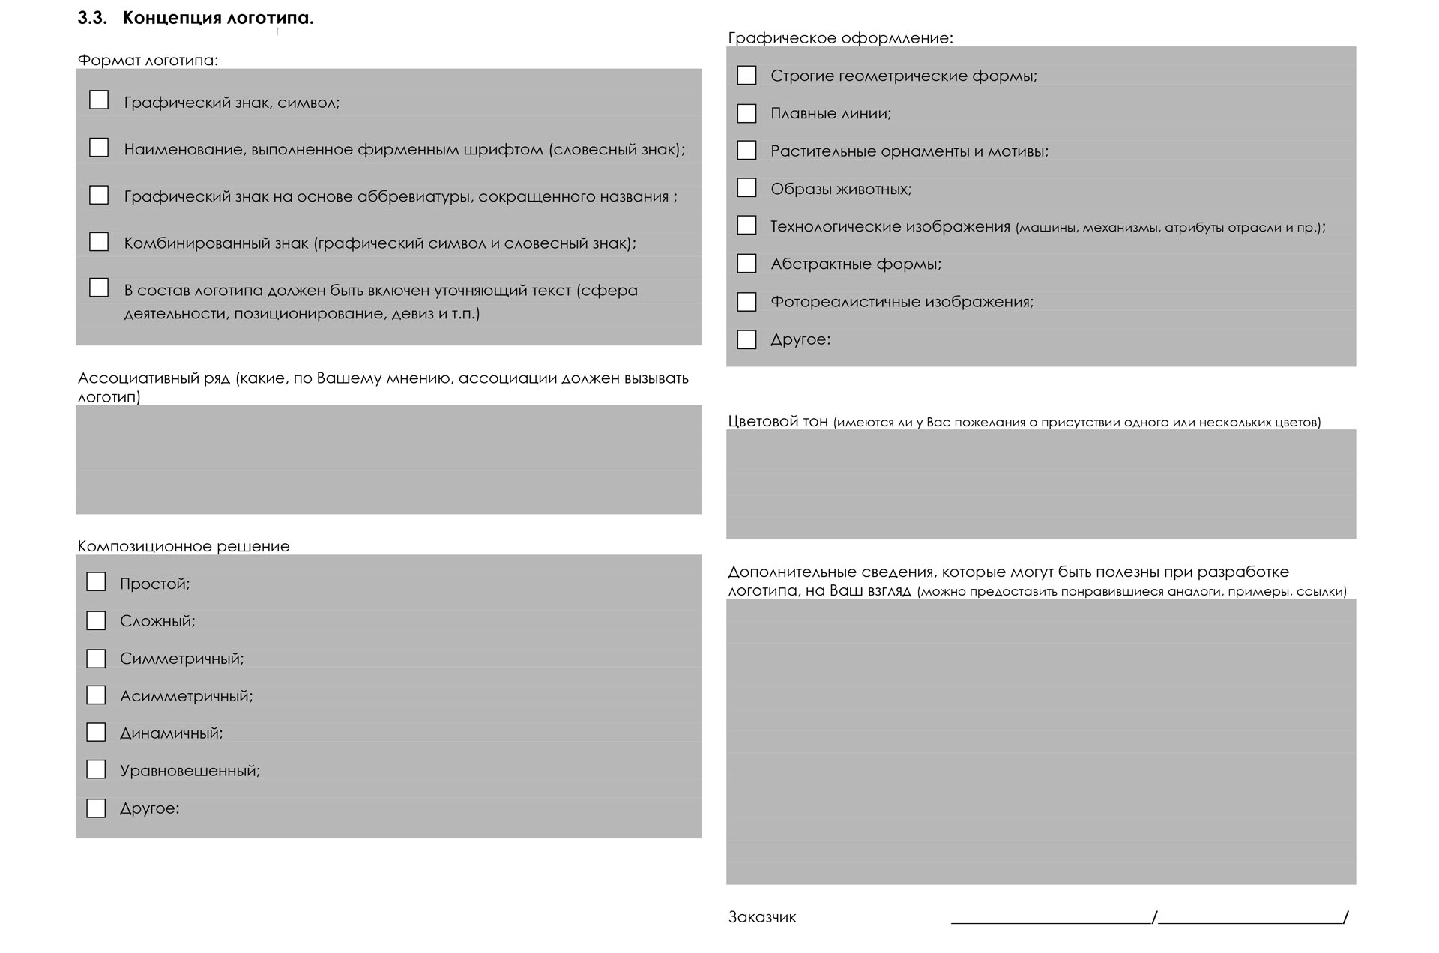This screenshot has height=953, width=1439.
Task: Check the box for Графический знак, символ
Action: coord(99,100)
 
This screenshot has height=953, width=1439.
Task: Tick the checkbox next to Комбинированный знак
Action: coord(99,241)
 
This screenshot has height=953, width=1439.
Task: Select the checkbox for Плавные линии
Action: coord(746,113)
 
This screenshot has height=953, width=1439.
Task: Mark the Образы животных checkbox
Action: coord(746,188)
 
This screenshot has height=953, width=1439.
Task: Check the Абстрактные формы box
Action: coord(746,264)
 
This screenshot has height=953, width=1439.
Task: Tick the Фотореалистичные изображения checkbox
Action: coord(746,302)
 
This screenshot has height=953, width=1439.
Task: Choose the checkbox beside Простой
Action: coord(96,582)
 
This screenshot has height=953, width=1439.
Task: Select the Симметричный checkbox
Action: coord(96,659)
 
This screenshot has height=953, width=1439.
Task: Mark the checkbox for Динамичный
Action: coord(96,732)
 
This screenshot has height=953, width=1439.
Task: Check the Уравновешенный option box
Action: coord(96,769)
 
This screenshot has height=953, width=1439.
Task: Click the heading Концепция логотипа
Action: coord(217,19)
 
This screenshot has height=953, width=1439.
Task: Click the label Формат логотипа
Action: coord(148,61)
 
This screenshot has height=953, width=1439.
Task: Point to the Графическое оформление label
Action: coord(840,38)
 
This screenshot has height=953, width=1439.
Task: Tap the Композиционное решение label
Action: coord(184,546)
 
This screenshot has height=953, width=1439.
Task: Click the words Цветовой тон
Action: coord(778,421)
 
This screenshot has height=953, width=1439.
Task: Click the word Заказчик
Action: coord(762,917)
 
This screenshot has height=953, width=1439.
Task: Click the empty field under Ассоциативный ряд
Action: coord(388,460)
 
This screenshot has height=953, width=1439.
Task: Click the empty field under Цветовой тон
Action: coord(1041,484)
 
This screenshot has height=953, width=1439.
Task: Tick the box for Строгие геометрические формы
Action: coord(746,76)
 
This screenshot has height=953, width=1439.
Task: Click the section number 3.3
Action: coord(92,19)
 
